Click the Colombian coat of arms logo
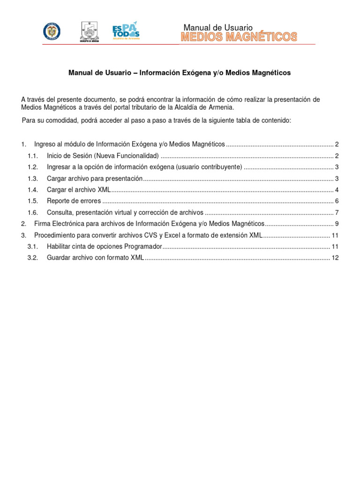pos(52,31)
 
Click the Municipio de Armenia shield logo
pos(89,31)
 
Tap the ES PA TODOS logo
pos(126,31)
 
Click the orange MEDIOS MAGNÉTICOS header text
pos(239,37)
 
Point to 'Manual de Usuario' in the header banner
pos(217,28)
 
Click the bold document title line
pos(180,73)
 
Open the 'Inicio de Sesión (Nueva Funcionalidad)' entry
pos(103,156)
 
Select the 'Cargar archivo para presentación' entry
pos(94,178)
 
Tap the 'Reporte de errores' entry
pos(74,201)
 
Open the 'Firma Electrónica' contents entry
pos(150,224)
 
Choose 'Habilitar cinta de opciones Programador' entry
pos(104,246)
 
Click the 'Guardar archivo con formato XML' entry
pos(95,257)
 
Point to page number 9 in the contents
pos(337,224)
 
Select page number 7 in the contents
pos(337,212)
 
